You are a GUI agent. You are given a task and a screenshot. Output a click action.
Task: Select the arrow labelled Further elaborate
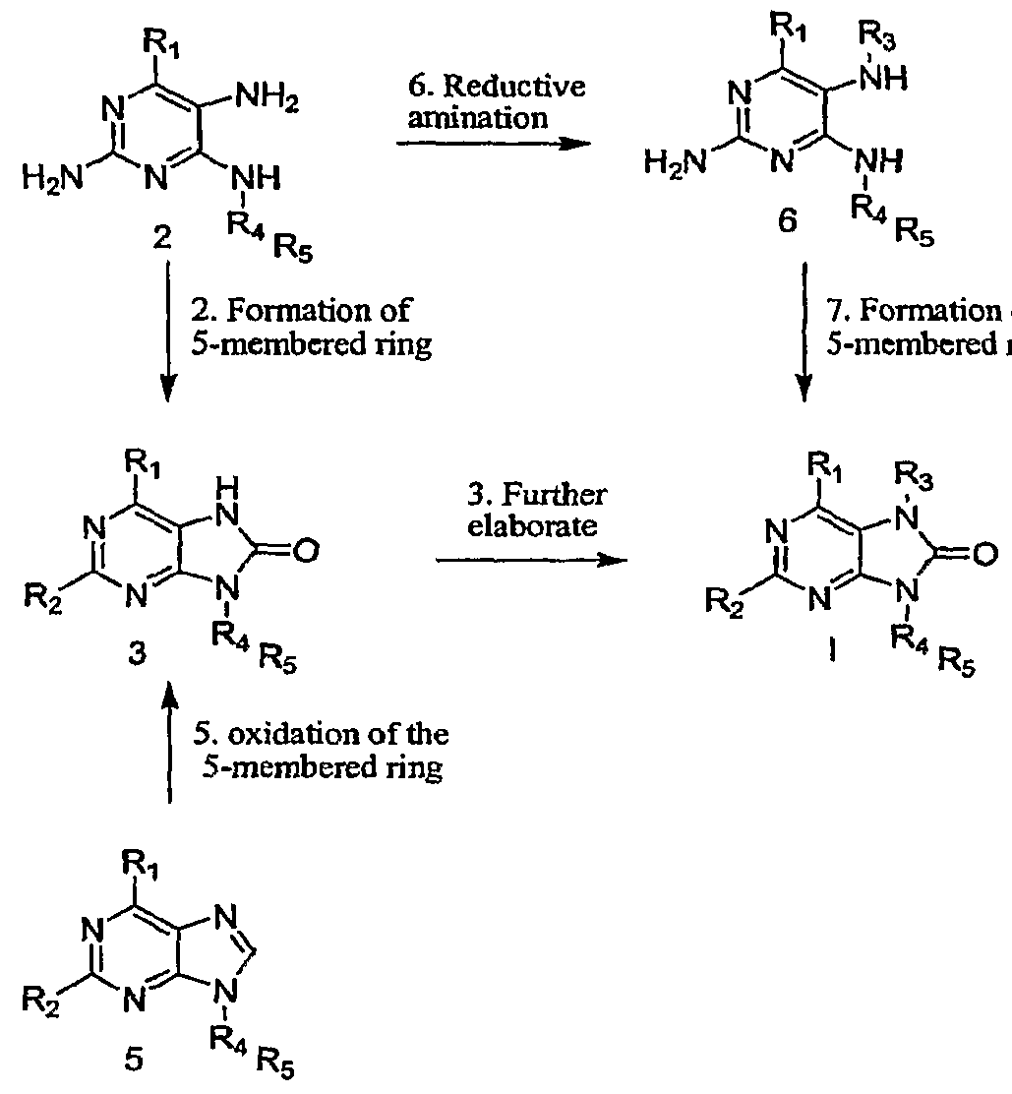(x=530, y=561)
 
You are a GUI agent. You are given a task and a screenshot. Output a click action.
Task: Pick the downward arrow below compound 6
(x=805, y=334)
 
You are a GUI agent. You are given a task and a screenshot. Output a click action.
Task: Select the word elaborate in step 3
(x=531, y=526)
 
